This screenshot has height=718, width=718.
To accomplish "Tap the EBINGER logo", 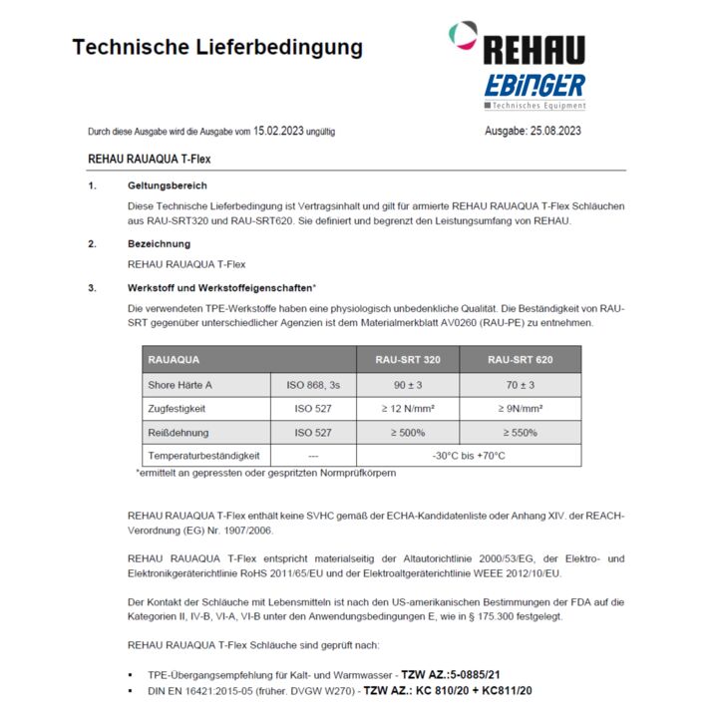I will (535, 86).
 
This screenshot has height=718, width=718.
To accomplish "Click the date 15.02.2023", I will (280, 131).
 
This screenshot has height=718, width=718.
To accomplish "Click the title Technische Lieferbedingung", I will (217, 48).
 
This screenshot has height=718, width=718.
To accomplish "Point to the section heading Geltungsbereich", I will (167, 185).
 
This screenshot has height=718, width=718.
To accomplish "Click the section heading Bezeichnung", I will (159, 243).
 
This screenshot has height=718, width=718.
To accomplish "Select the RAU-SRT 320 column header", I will (408, 359).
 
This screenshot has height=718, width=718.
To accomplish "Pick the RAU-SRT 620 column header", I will (520, 359).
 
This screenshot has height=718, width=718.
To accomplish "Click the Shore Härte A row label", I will (180, 385).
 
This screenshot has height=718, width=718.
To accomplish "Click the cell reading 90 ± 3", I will (408, 385).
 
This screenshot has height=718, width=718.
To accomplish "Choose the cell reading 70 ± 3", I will (520, 385).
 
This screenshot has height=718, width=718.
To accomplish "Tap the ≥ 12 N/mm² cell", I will (408, 409).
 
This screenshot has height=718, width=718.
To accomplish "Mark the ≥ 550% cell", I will (520, 433).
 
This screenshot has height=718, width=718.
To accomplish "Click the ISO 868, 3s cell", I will (313, 385).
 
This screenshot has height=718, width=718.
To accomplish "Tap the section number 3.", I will (92, 288).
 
